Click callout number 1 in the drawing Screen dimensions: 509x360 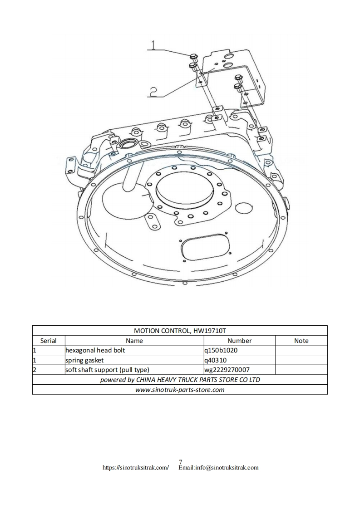pyautogui.click(x=153, y=45)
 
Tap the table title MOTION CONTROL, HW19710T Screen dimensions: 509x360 pyautogui.click(x=180, y=331)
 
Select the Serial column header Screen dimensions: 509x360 pyautogui.click(x=49, y=341)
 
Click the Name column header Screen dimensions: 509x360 pyautogui.click(x=134, y=341)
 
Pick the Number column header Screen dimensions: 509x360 pyautogui.click(x=239, y=341)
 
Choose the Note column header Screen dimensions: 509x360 pyautogui.click(x=301, y=341)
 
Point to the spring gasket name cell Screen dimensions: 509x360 pyautogui.click(x=84, y=360)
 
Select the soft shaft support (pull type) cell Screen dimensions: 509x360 pyautogui.click(x=107, y=370)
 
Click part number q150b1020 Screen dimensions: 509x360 pyautogui.click(x=221, y=350)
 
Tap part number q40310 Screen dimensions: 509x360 pyautogui.click(x=216, y=360)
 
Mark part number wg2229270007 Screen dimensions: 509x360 pyautogui.click(x=227, y=370)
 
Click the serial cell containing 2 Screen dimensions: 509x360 pyautogui.click(x=35, y=370)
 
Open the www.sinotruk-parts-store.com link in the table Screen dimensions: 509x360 pyautogui.click(x=180, y=389)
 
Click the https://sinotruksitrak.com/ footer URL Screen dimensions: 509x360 pyautogui.click(x=136, y=467)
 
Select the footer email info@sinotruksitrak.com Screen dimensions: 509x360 pyautogui.click(x=218, y=467)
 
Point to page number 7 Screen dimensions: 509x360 pyautogui.click(x=180, y=462)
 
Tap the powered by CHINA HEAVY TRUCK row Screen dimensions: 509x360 pyautogui.click(x=180, y=379)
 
